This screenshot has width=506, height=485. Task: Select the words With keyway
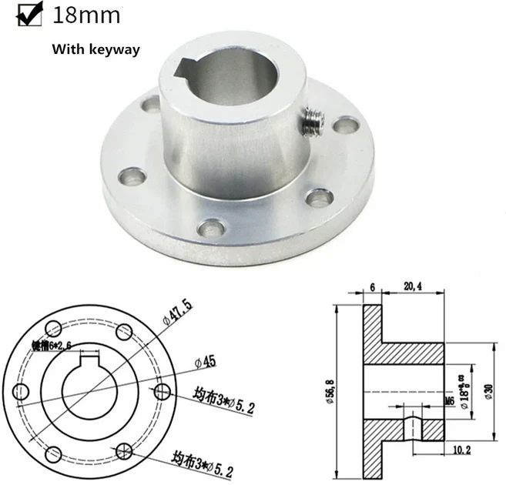click(96, 49)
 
